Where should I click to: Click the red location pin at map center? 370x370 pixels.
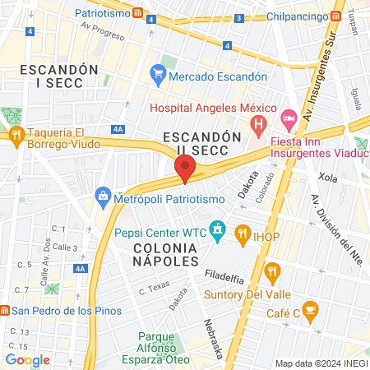(x=185, y=169)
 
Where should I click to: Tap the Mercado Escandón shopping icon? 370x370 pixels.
(x=159, y=76)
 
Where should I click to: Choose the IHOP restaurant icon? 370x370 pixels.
(x=243, y=233)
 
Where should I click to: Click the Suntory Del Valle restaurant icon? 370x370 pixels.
(x=273, y=271)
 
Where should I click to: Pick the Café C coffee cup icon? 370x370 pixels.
(x=310, y=309)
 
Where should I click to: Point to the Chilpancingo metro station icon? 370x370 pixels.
(x=336, y=17)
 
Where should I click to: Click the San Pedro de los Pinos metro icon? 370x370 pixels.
(x=5, y=311)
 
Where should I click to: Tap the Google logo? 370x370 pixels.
(x=28, y=359)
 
